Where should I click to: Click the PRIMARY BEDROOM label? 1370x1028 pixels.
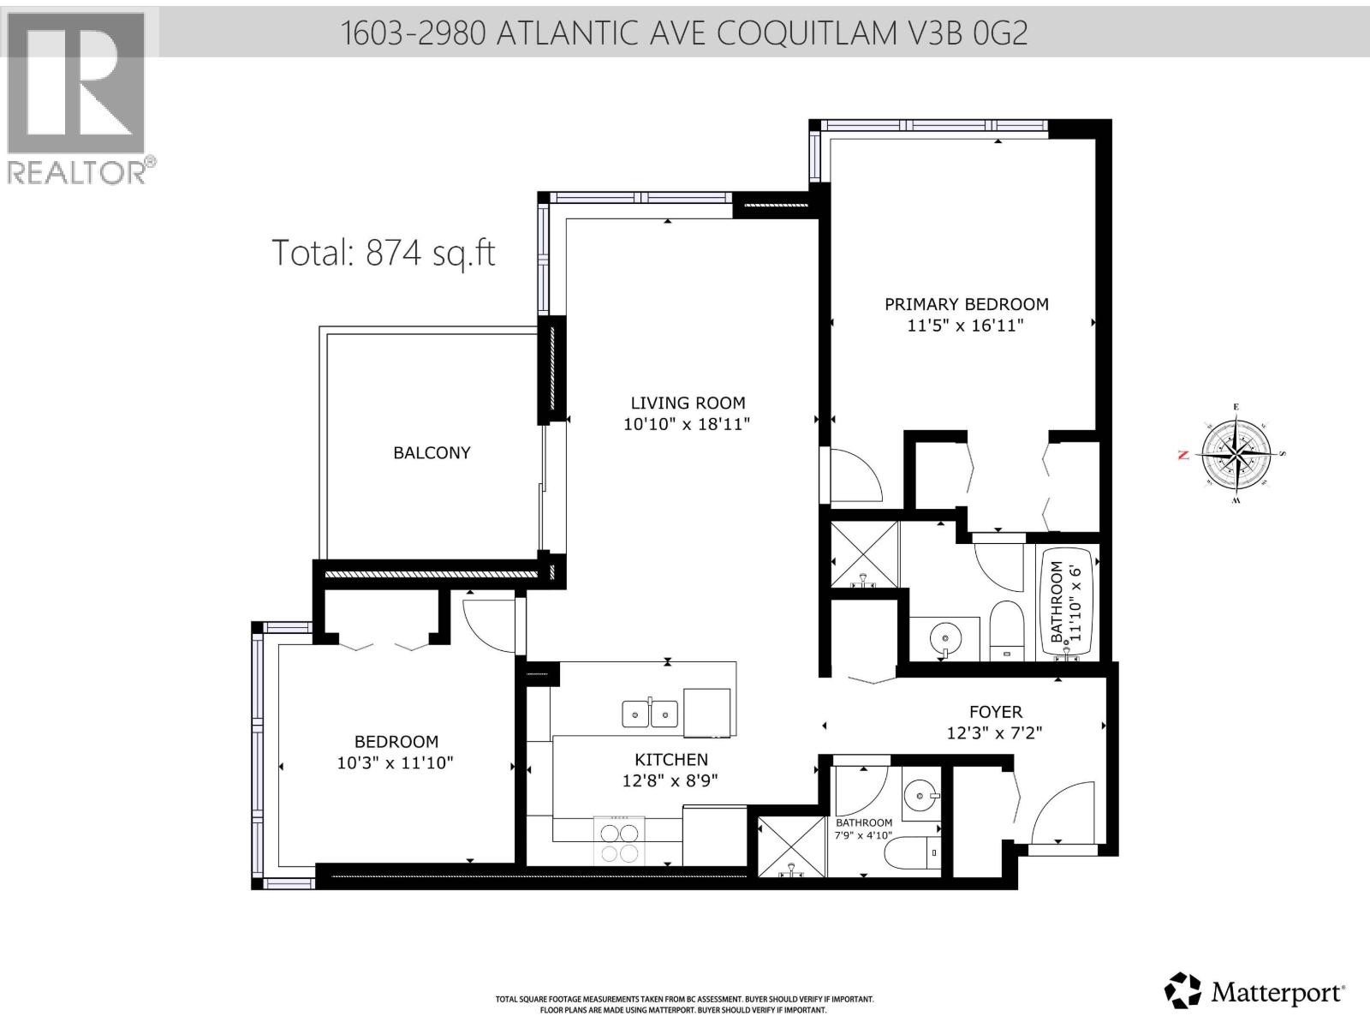tap(966, 304)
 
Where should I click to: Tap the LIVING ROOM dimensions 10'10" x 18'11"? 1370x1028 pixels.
tap(687, 424)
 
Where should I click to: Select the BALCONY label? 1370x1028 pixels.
tap(432, 453)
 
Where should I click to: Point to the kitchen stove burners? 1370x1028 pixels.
tap(617, 841)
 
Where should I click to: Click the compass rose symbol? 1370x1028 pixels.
tap(1234, 454)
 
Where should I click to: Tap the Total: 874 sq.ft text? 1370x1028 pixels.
tap(383, 253)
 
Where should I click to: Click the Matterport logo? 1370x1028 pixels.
tap(1255, 992)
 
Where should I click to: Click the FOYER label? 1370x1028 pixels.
tap(995, 712)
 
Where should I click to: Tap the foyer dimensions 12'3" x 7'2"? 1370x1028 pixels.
tap(995, 733)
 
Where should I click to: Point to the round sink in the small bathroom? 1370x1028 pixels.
tap(920, 797)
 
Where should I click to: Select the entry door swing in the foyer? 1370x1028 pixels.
tap(1060, 814)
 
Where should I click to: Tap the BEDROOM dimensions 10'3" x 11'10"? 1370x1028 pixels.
tap(395, 762)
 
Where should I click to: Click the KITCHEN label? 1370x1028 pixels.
tap(671, 759)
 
